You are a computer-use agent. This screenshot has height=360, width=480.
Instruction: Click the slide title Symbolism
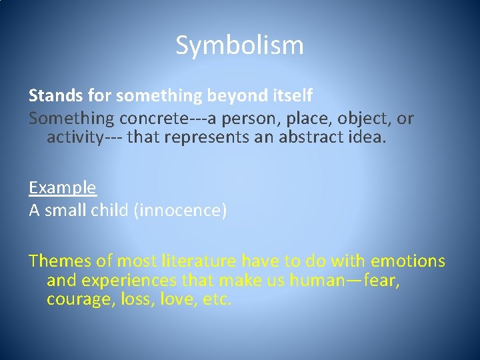pyautogui.click(x=239, y=45)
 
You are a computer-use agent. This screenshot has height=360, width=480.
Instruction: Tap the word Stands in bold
pyautogui.click(x=51, y=96)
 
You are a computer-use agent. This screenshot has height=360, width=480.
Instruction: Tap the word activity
pyautogui.click(x=75, y=137)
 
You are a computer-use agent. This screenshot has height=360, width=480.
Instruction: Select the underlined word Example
pyautogui.click(x=63, y=188)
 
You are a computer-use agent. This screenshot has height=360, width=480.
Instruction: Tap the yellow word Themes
pyautogui.click(x=61, y=260)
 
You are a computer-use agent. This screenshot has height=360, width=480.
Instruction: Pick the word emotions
pyautogui.click(x=408, y=260)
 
